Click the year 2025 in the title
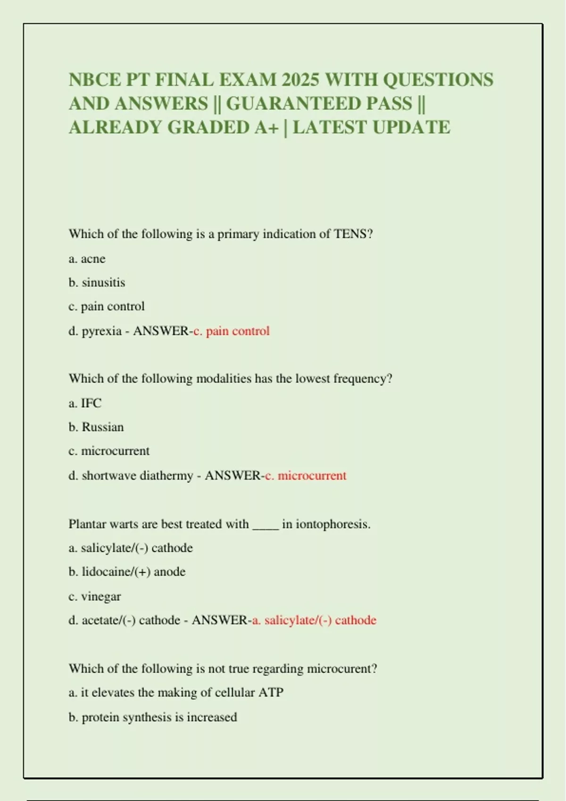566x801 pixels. [300, 80]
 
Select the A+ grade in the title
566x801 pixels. [266, 127]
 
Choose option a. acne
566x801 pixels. [87, 259]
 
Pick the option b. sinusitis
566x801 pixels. [97, 283]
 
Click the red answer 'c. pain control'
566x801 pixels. [232, 331]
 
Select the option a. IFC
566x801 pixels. [85, 403]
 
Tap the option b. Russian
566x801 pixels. [96, 427]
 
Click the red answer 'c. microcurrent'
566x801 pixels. [306, 475]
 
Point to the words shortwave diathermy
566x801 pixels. [137, 475]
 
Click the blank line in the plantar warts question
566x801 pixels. [266, 525]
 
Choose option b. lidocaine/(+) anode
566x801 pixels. [127, 572]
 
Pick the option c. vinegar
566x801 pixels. [94, 596]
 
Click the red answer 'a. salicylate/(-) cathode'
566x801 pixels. [314, 620]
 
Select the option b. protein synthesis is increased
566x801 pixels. [153, 717]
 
